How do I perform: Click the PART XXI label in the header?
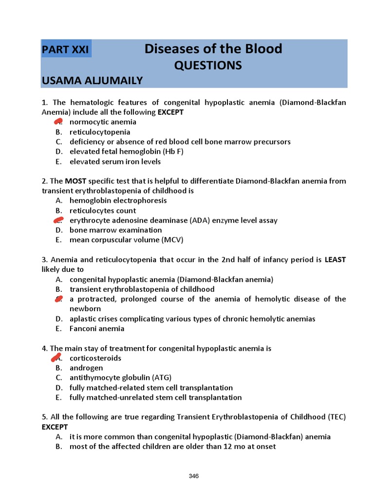click(66, 50)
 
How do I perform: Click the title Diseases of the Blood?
click(213, 49)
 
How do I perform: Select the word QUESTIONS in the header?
click(208, 65)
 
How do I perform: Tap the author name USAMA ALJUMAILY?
click(92, 81)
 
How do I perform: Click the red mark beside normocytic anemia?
click(58, 122)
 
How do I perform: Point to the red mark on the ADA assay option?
click(58, 220)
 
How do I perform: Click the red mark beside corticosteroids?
click(58, 358)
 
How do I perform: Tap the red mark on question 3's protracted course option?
click(58, 299)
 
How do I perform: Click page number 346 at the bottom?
click(194, 476)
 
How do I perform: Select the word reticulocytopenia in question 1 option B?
click(100, 132)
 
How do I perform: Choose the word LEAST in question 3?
click(335, 260)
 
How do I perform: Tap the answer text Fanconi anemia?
click(97, 329)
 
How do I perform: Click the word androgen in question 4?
click(86, 368)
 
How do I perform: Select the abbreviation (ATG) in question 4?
click(161, 378)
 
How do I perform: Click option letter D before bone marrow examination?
click(58, 230)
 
